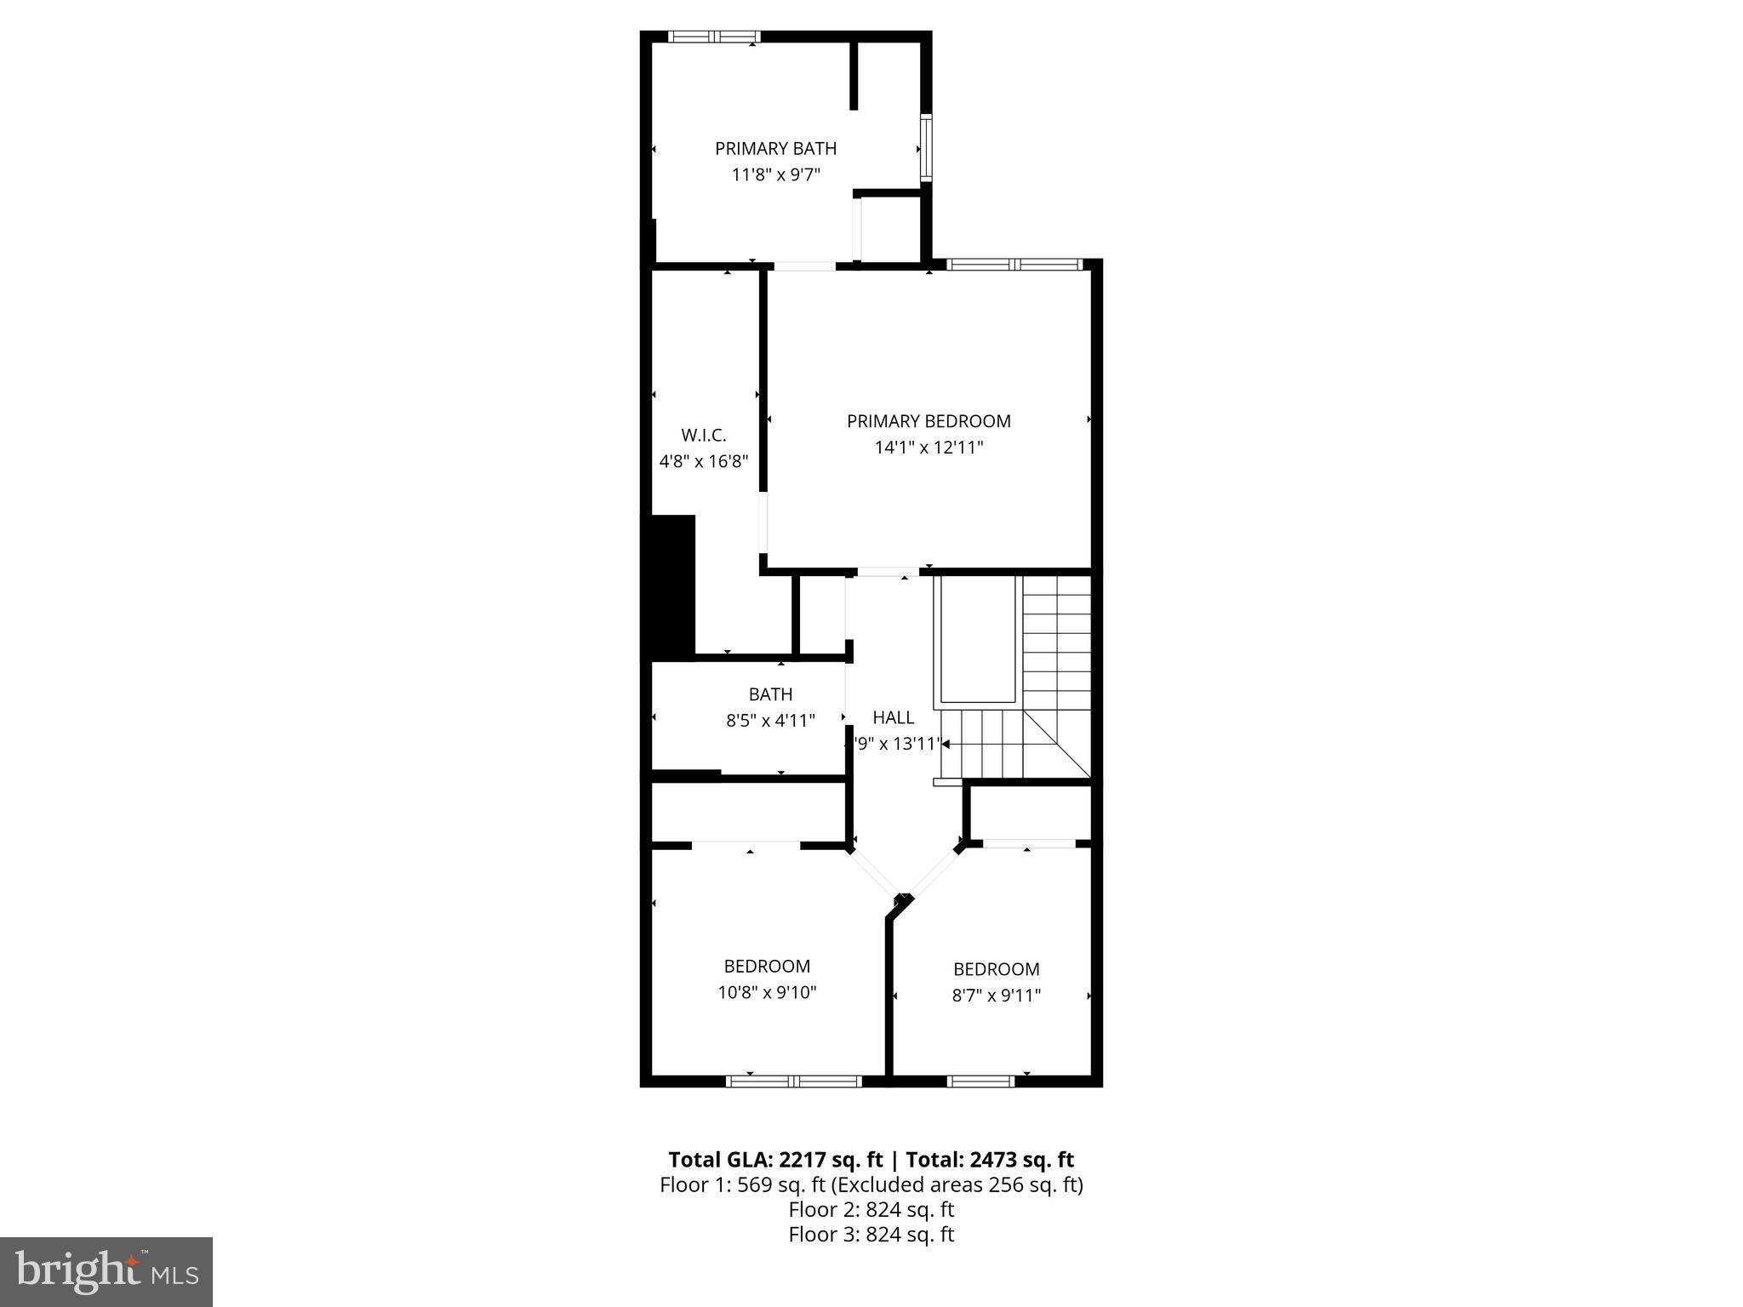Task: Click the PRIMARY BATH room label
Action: click(x=775, y=149)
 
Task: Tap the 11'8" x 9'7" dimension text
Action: click(x=775, y=175)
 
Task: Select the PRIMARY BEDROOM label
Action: click(x=929, y=421)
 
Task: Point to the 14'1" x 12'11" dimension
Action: click(x=929, y=448)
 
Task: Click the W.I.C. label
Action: click(x=704, y=436)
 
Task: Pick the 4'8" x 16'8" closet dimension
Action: click(x=704, y=462)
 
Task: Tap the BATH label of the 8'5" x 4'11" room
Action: click(x=770, y=694)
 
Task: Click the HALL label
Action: click(x=894, y=717)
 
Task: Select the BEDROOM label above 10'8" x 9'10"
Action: click(x=767, y=967)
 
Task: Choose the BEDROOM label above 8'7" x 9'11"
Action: click(x=996, y=969)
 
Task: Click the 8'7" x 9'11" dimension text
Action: click(x=996, y=996)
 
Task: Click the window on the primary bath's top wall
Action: click(x=713, y=37)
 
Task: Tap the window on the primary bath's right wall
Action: click(x=926, y=148)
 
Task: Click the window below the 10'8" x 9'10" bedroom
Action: click(x=793, y=1081)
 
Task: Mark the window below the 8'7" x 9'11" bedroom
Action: click(x=980, y=1081)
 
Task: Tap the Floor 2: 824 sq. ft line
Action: click(x=871, y=1210)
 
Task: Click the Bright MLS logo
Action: click(x=106, y=1271)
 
